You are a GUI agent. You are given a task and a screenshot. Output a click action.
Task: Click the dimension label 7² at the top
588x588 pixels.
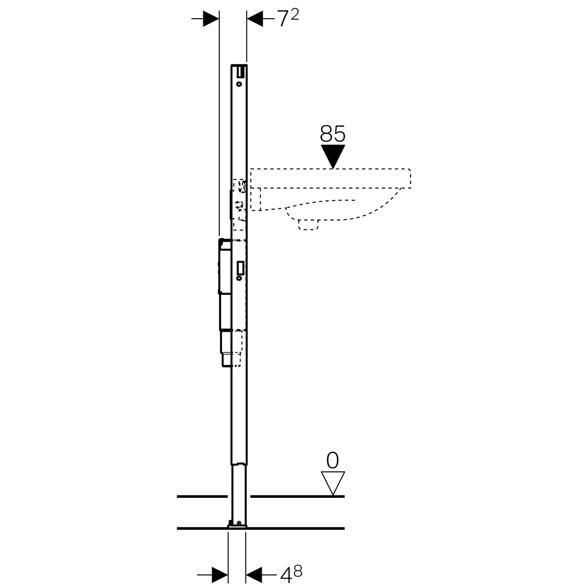pos(288,18)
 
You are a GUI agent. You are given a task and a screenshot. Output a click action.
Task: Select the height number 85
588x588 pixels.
pos(333,134)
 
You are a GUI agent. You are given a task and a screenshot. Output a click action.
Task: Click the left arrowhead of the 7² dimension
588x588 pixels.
pos(211,19)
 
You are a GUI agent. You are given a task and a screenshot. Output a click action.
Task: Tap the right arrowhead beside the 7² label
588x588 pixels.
pos(255,19)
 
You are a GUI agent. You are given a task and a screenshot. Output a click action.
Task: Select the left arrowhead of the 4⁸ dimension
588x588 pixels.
pos(220,575)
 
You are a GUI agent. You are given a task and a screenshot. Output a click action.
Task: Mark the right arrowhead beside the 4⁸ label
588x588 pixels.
pos(254,575)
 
